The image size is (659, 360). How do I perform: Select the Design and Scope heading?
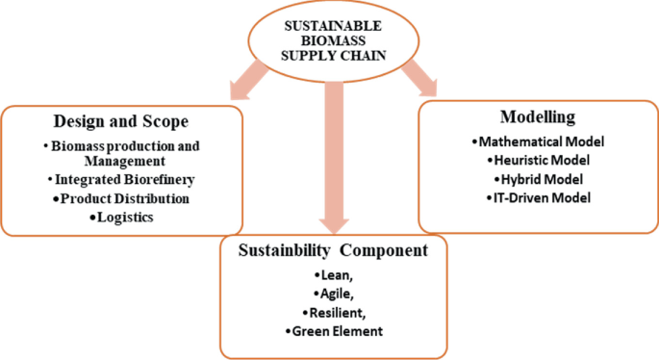119,125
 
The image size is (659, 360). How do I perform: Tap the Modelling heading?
538,117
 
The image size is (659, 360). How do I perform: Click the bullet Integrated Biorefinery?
120,180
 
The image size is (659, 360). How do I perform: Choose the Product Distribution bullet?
120,198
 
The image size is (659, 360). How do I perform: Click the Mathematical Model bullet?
538,141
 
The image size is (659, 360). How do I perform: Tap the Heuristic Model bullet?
538,160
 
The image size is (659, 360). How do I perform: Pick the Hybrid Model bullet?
538,178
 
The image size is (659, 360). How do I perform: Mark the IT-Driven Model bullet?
538,196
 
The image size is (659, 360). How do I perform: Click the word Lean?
331,277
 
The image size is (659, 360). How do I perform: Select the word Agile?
331,296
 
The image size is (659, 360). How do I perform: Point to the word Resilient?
331,314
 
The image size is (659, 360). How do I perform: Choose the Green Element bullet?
331,332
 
